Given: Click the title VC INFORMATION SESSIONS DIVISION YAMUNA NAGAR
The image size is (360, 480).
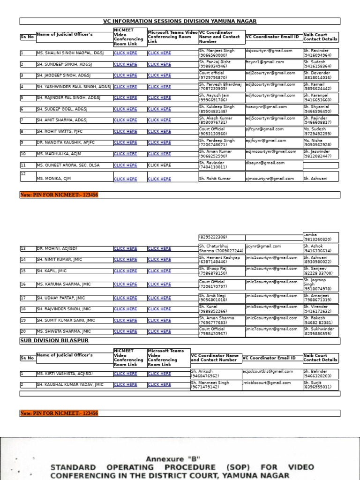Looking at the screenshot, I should (180, 21).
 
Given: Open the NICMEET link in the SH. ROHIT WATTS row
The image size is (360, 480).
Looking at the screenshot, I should (125, 132).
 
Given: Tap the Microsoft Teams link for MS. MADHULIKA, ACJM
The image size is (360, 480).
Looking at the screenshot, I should (159, 154).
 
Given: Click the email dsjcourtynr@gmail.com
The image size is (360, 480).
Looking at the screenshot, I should (269, 51).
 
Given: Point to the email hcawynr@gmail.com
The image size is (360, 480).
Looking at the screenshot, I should (266, 107).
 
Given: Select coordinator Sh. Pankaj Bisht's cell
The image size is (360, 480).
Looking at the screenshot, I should (221, 64).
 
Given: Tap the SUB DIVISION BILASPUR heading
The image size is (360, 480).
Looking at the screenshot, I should (54, 341).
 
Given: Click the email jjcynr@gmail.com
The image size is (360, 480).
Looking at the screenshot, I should (263, 246).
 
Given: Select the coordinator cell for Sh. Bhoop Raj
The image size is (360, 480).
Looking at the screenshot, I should (221, 271).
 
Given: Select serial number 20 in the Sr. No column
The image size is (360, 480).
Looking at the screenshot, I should (23, 331).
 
